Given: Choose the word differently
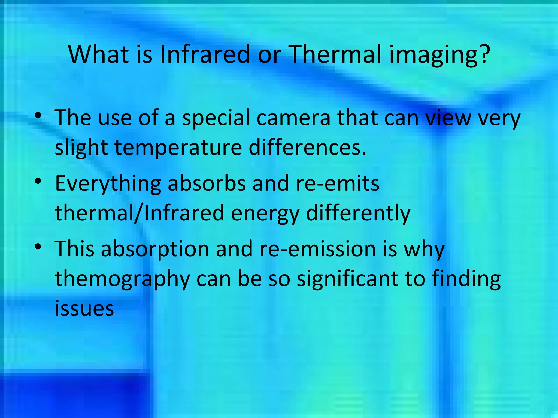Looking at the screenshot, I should [x=358, y=214].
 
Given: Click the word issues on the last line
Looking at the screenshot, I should [x=84, y=309].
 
